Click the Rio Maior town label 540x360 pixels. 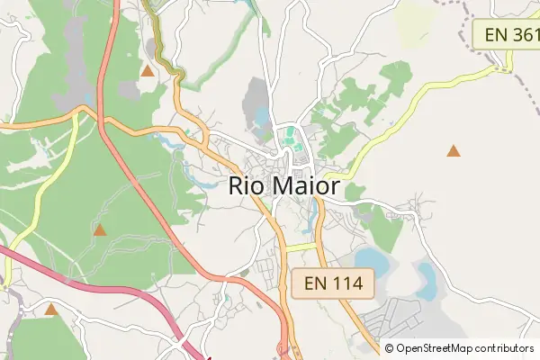[284, 186]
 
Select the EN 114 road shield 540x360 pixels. [332, 283]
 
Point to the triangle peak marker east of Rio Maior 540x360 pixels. [454, 151]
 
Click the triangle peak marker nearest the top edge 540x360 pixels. [147, 70]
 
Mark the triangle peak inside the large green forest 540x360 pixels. [100, 231]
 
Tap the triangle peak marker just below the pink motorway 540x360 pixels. [51, 310]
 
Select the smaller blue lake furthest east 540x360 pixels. [425, 278]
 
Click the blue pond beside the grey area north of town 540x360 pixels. [262, 116]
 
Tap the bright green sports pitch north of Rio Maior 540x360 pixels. [290, 139]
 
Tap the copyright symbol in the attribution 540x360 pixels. [389, 348]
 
